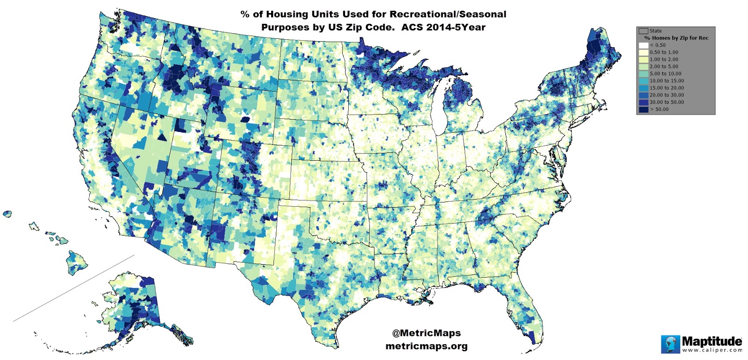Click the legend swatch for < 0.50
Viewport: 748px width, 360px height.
click(644, 45)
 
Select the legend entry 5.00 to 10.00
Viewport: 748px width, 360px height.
click(665, 74)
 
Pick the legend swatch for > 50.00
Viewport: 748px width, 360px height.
click(644, 109)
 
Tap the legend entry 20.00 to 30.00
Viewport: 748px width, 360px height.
click(666, 95)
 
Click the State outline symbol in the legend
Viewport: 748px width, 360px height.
click(644, 31)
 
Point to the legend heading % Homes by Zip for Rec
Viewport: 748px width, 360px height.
click(676, 38)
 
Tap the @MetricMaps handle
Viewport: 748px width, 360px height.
click(426, 333)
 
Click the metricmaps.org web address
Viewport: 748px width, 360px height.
click(426, 346)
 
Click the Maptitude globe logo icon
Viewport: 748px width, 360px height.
click(670, 344)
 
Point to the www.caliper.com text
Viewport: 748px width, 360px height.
click(712, 350)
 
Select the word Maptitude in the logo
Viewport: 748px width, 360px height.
click(712, 340)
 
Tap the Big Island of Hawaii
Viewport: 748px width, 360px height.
click(78, 262)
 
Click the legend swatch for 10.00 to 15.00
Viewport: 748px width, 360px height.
click(644, 81)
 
